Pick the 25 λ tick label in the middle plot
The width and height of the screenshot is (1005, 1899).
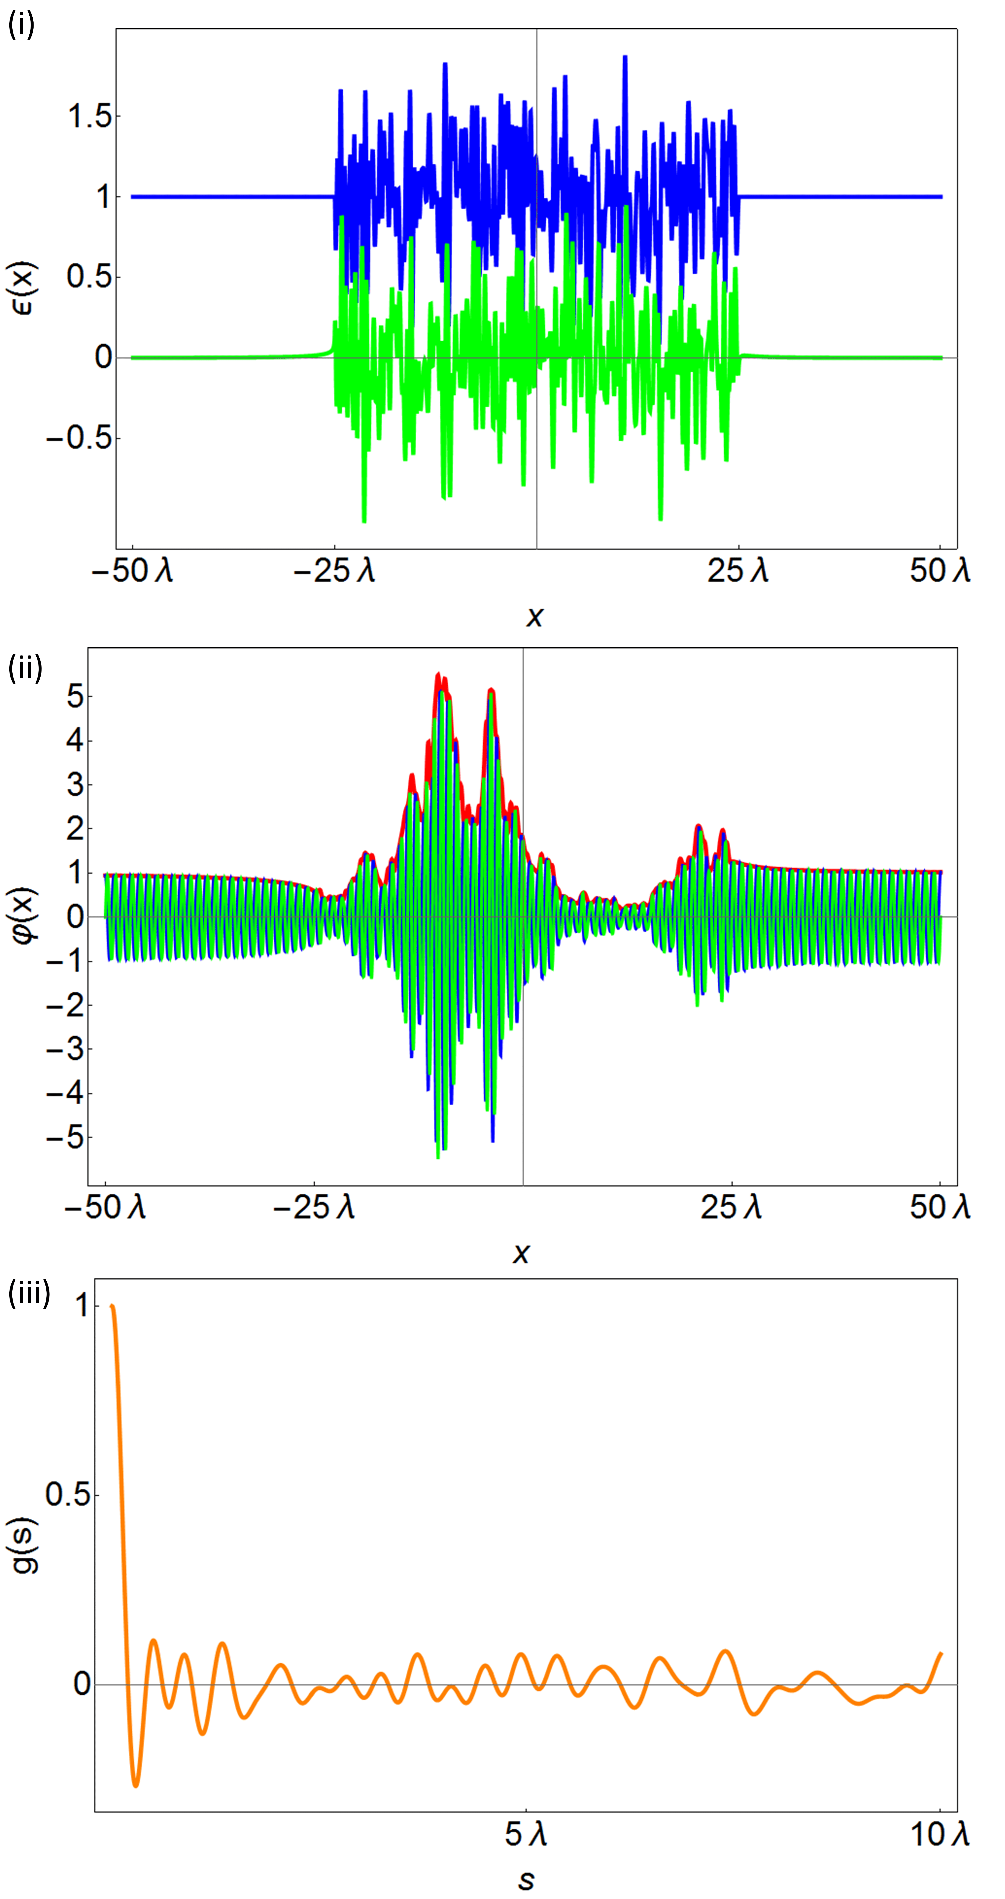(x=731, y=1207)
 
